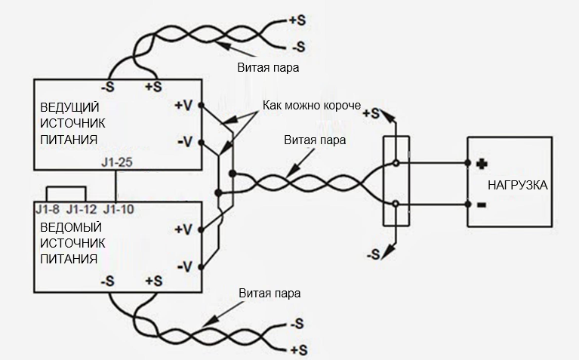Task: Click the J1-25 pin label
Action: click(117, 162)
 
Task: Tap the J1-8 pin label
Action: click(48, 209)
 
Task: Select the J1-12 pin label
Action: click(82, 209)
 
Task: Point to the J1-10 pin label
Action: click(119, 209)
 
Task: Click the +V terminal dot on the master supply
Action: click(201, 105)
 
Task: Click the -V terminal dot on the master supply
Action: click(201, 142)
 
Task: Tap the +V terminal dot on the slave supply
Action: click(201, 229)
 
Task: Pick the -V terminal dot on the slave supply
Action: click(201, 266)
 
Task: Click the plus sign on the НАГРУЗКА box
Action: click(482, 164)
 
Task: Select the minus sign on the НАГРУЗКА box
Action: click(482, 205)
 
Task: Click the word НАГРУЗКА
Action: click(517, 185)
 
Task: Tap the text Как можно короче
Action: click(312, 105)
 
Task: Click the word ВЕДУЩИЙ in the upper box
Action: click(69, 107)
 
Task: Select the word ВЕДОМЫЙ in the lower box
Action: click(70, 227)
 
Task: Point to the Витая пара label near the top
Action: click(268, 68)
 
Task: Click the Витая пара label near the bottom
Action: click(269, 293)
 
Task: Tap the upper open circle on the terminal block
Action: click(396, 163)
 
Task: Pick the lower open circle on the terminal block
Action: click(396, 204)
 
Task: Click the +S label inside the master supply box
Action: click(153, 87)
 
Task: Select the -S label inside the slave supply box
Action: click(107, 282)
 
